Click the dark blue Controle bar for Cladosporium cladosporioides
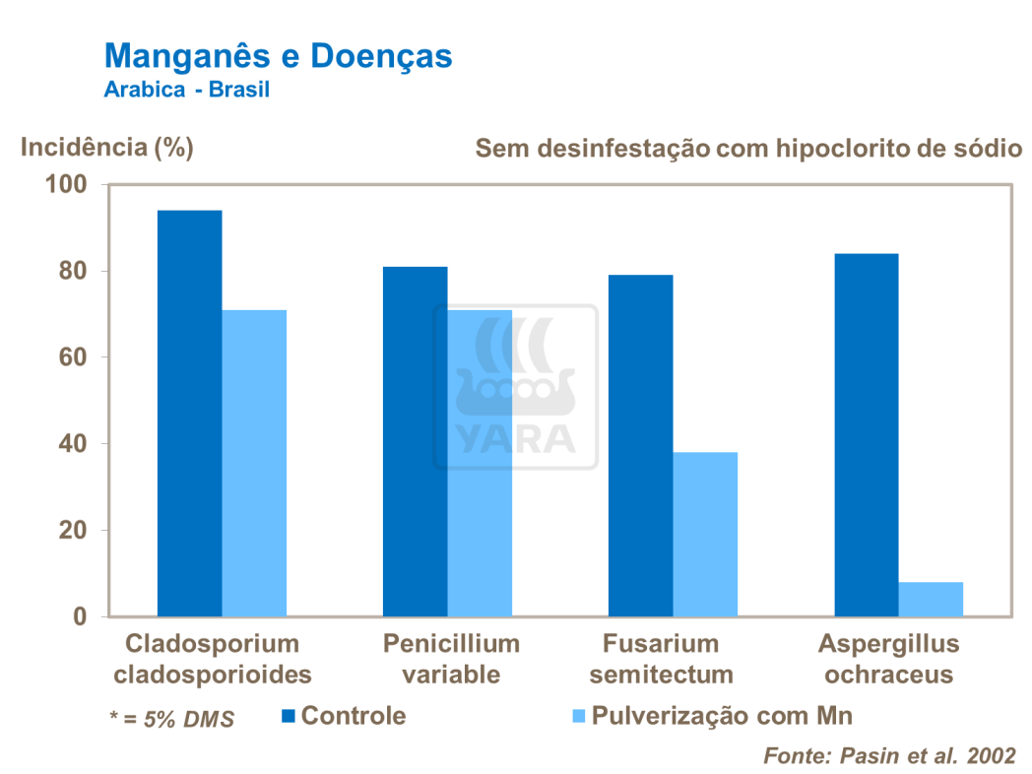pos(189,414)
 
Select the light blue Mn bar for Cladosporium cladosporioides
pos(254,463)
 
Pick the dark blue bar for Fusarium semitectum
pos(640,445)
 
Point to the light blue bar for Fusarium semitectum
pos(705,534)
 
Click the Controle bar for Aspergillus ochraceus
pos(866,434)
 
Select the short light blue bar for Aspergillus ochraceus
pos(931,599)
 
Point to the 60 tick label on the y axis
pos(74,357)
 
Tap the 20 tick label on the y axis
pos(74,531)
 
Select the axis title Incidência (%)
pos(107,148)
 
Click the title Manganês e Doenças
pos(278,55)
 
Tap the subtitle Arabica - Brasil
pos(187,89)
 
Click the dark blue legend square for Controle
pos(288,715)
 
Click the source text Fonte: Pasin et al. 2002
pos(889,755)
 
